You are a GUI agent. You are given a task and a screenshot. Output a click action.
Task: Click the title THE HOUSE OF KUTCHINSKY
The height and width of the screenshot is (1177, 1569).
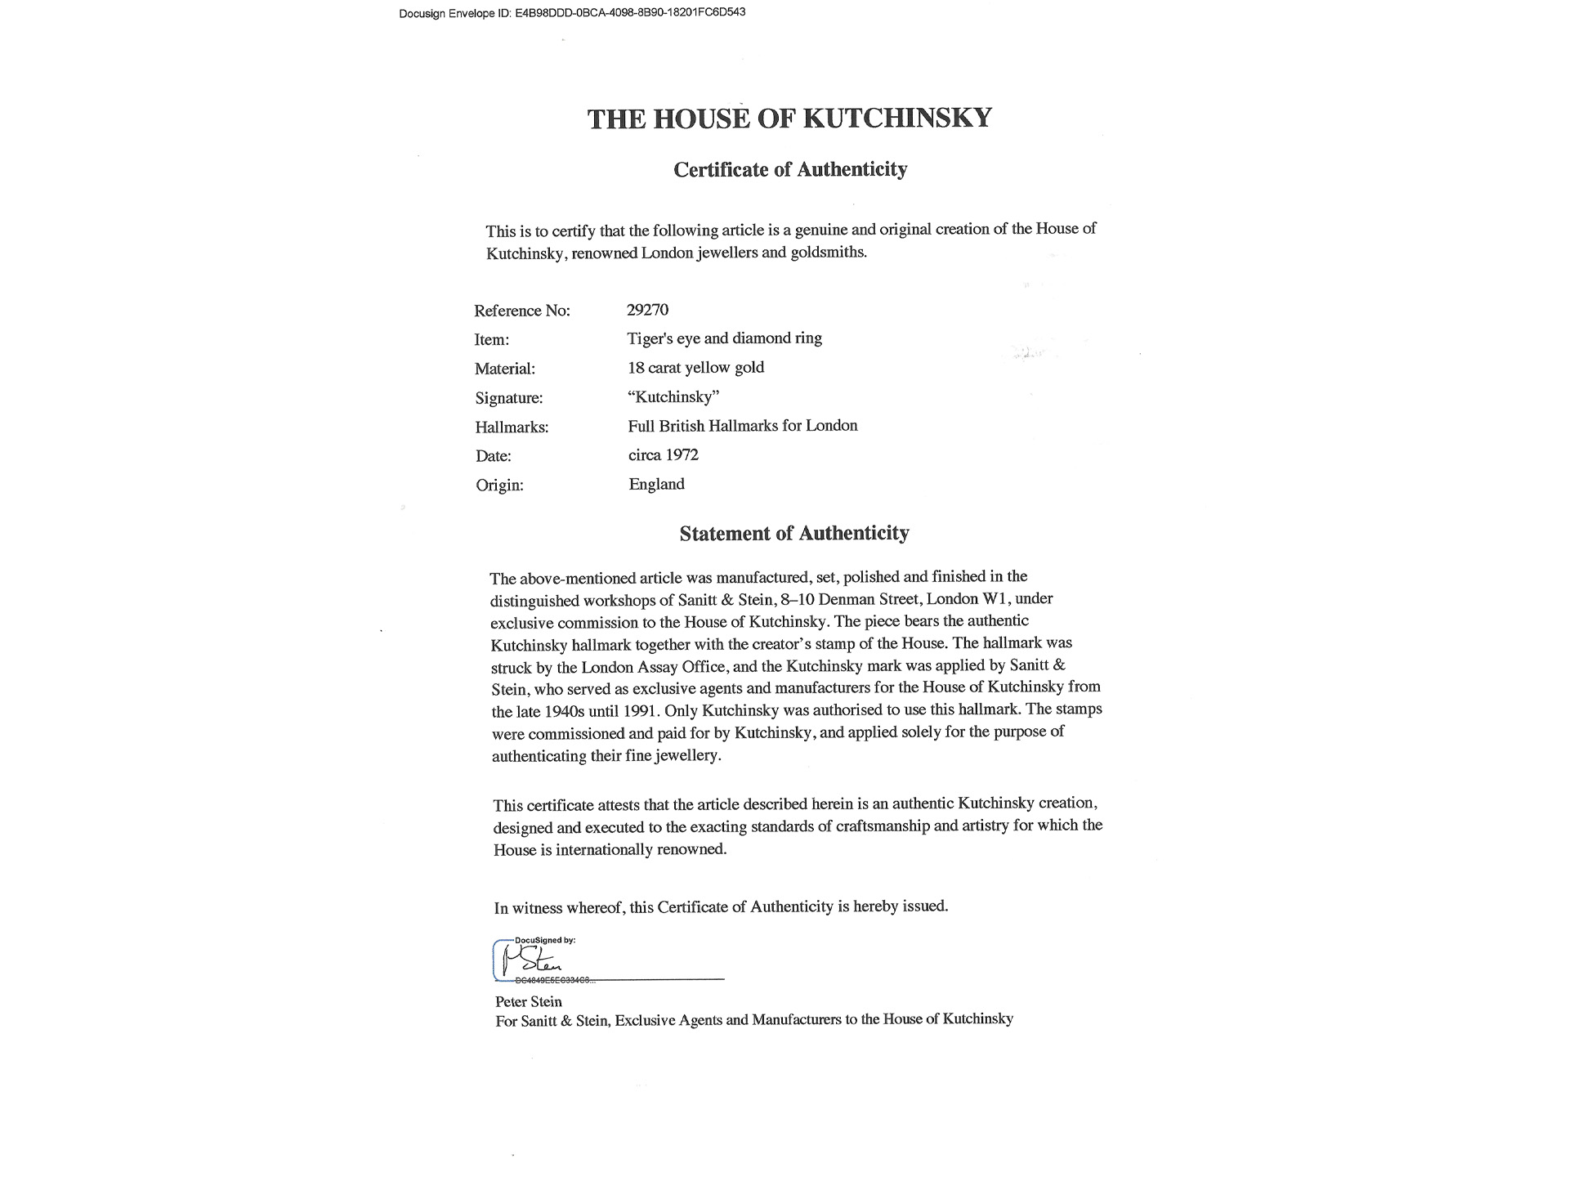tap(789, 119)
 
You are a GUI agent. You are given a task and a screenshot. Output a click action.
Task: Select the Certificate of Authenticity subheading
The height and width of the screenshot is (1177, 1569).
tap(790, 170)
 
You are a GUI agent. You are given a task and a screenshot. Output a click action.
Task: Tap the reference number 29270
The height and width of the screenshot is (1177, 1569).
tap(647, 310)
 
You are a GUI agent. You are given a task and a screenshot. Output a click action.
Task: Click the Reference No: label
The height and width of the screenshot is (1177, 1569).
tap(522, 311)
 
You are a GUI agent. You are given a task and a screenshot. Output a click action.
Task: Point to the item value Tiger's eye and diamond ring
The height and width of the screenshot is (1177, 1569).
tap(724, 338)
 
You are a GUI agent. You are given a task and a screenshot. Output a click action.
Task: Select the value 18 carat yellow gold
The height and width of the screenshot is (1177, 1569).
tap(695, 368)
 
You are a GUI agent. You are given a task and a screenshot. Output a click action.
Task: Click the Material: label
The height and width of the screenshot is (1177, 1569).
tap(505, 369)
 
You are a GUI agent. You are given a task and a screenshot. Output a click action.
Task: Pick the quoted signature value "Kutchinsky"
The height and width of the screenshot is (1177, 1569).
tap(673, 397)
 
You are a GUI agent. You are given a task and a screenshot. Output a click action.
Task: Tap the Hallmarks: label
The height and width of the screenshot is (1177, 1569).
tap(512, 427)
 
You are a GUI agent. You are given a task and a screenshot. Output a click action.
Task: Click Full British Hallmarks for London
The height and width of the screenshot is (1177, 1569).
tap(743, 426)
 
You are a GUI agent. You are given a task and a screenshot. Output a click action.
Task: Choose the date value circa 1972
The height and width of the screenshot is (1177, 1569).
tap(664, 455)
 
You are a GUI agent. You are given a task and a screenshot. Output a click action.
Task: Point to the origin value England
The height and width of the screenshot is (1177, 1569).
tap(656, 484)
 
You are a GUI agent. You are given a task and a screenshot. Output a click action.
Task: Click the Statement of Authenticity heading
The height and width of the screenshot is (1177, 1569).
tap(794, 534)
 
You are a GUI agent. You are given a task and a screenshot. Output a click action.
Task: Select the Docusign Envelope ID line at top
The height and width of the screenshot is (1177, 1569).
tap(572, 13)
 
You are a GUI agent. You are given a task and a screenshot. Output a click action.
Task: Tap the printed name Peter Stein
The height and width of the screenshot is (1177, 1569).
tap(529, 1002)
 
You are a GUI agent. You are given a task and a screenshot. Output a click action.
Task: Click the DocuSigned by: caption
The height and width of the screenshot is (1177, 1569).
tap(545, 941)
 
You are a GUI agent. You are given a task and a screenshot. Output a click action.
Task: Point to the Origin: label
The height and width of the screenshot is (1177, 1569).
tap(499, 486)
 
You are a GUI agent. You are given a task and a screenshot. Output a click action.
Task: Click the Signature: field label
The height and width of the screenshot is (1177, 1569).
tap(509, 399)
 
